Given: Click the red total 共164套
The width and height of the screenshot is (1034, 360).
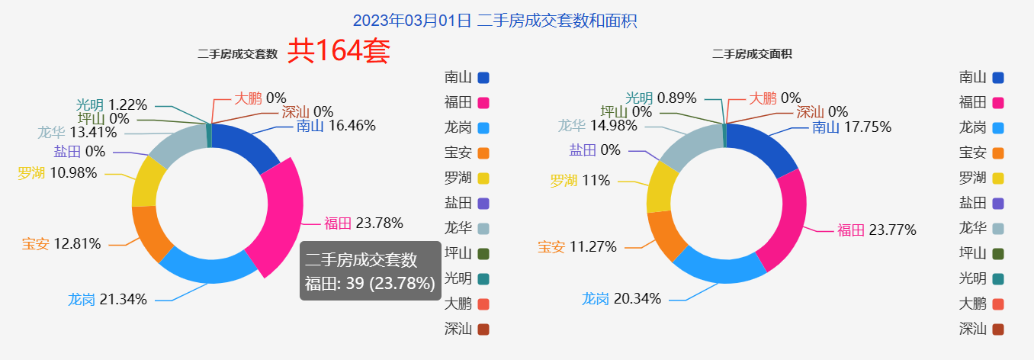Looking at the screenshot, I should pos(339,51).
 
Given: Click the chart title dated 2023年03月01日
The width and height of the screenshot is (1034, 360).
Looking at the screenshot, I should pos(495,21).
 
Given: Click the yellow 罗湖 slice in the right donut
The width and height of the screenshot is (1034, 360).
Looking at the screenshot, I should pos(658,187).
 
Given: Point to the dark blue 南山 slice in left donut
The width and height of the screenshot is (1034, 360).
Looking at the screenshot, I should pos(242,146).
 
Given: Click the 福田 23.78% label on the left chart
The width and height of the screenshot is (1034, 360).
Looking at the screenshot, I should pos(363,223).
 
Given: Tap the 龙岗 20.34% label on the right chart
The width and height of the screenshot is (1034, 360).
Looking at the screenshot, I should pos(621,298).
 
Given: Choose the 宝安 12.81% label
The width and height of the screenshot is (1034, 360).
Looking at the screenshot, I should pos(62,244).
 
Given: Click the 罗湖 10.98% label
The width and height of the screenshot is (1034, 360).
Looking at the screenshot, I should pos(58,173).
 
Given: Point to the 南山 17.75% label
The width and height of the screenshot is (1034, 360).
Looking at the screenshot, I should pos(851,127).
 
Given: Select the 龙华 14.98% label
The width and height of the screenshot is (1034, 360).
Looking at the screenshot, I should pos(597,126).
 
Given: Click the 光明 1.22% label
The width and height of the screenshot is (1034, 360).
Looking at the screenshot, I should pos(111,105).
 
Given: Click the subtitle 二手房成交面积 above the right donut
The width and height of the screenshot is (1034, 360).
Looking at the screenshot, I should pos(751,54).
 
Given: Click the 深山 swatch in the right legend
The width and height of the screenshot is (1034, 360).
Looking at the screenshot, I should pos(998,329).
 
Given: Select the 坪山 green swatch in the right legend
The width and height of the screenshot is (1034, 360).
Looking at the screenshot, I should pos(998,254).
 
